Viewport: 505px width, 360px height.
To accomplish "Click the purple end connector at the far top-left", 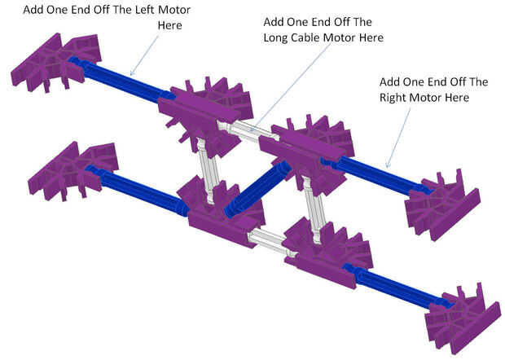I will pyautogui.click(x=49, y=61).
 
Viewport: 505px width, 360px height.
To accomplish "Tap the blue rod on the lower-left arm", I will pyautogui.click(x=138, y=188).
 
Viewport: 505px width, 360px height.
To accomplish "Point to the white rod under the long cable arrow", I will pyautogui.click(x=245, y=130).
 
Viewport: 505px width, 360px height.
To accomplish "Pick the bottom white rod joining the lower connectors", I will pyautogui.click(x=269, y=241).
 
